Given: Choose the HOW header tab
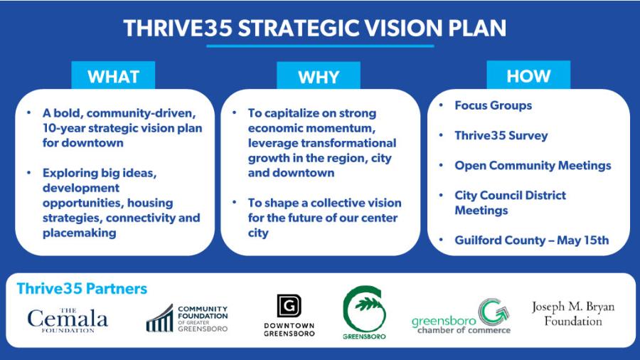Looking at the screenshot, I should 528,76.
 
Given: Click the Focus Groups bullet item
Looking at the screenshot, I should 493,105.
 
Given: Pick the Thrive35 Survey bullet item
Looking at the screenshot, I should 501,135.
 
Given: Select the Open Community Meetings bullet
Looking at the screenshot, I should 533,165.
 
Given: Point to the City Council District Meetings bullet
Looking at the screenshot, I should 510,203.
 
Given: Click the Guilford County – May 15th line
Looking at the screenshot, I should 531,240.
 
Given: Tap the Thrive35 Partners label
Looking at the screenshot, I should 82,289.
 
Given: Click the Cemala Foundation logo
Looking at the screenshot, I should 68,319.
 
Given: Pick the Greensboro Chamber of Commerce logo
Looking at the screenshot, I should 461,317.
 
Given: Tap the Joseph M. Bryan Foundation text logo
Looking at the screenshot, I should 572,314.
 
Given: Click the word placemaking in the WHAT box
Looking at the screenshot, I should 77,233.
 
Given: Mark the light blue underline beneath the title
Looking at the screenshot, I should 319,46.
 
